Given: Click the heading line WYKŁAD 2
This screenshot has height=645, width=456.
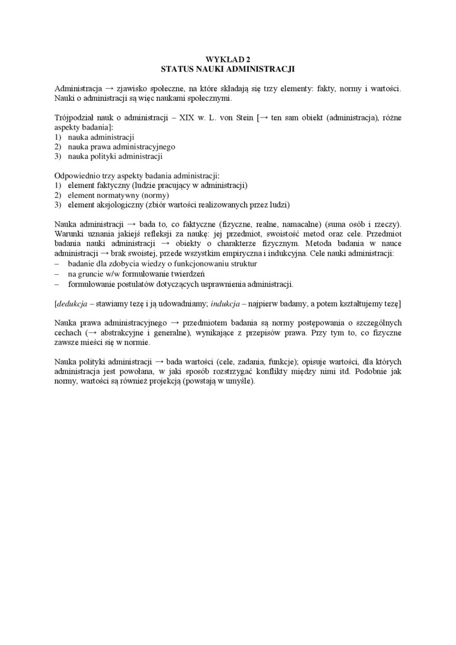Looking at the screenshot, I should click(x=227, y=59).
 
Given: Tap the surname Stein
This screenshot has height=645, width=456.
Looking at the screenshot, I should click(x=242, y=118).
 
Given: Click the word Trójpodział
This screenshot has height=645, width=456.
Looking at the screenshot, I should click(x=75, y=118).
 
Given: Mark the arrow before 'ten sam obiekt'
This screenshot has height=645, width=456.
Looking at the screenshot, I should click(x=263, y=118).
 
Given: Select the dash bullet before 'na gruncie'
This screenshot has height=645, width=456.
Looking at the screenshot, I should click(x=56, y=274).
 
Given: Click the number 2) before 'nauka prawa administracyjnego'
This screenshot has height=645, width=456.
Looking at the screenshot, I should click(x=58, y=146).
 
